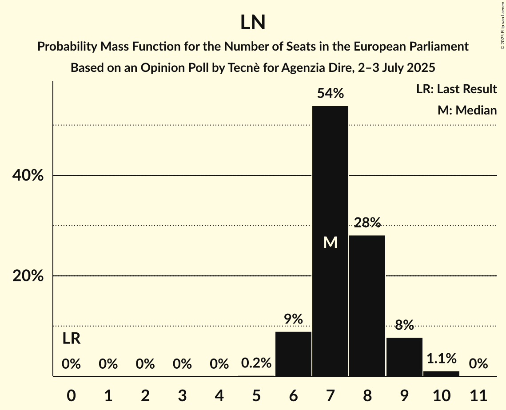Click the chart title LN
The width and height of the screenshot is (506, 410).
(x=253, y=23)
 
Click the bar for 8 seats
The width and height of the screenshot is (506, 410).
(x=367, y=306)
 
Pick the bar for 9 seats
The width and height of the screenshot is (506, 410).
(x=404, y=357)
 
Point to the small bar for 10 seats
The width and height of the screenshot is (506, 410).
(x=441, y=374)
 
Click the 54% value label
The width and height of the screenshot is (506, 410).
(x=330, y=94)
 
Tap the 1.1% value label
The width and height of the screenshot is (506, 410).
(x=441, y=358)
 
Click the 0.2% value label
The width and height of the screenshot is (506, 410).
(x=256, y=363)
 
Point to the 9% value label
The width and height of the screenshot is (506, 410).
(x=293, y=319)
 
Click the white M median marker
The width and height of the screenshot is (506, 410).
(x=330, y=242)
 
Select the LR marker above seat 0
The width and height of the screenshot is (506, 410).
(x=71, y=339)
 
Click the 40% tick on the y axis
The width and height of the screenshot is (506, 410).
(x=28, y=176)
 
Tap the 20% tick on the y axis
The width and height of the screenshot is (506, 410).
(x=28, y=276)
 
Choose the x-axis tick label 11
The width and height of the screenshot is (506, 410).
(x=478, y=394)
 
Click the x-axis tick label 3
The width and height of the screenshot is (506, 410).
(x=182, y=394)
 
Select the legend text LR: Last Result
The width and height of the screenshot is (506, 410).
(x=456, y=89)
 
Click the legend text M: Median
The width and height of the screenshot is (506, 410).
(x=467, y=110)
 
